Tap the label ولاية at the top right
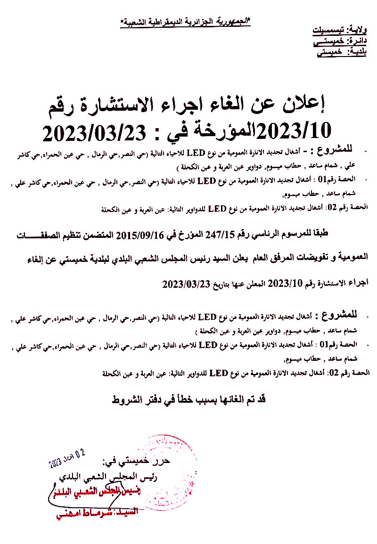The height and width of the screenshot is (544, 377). pyautogui.click(x=361, y=31)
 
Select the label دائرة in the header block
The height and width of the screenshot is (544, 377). pyautogui.click(x=360, y=42)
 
